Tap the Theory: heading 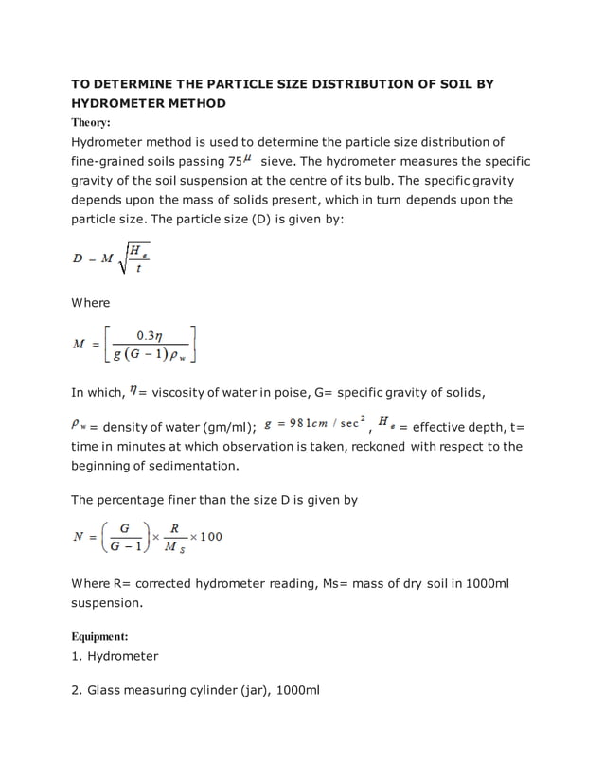tap(91, 123)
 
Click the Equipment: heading tap(100, 635)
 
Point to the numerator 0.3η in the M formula tap(151, 335)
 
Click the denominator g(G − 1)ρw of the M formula tap(151, 356)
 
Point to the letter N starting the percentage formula tap(79, 537)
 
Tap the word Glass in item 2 tap(104, 691)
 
